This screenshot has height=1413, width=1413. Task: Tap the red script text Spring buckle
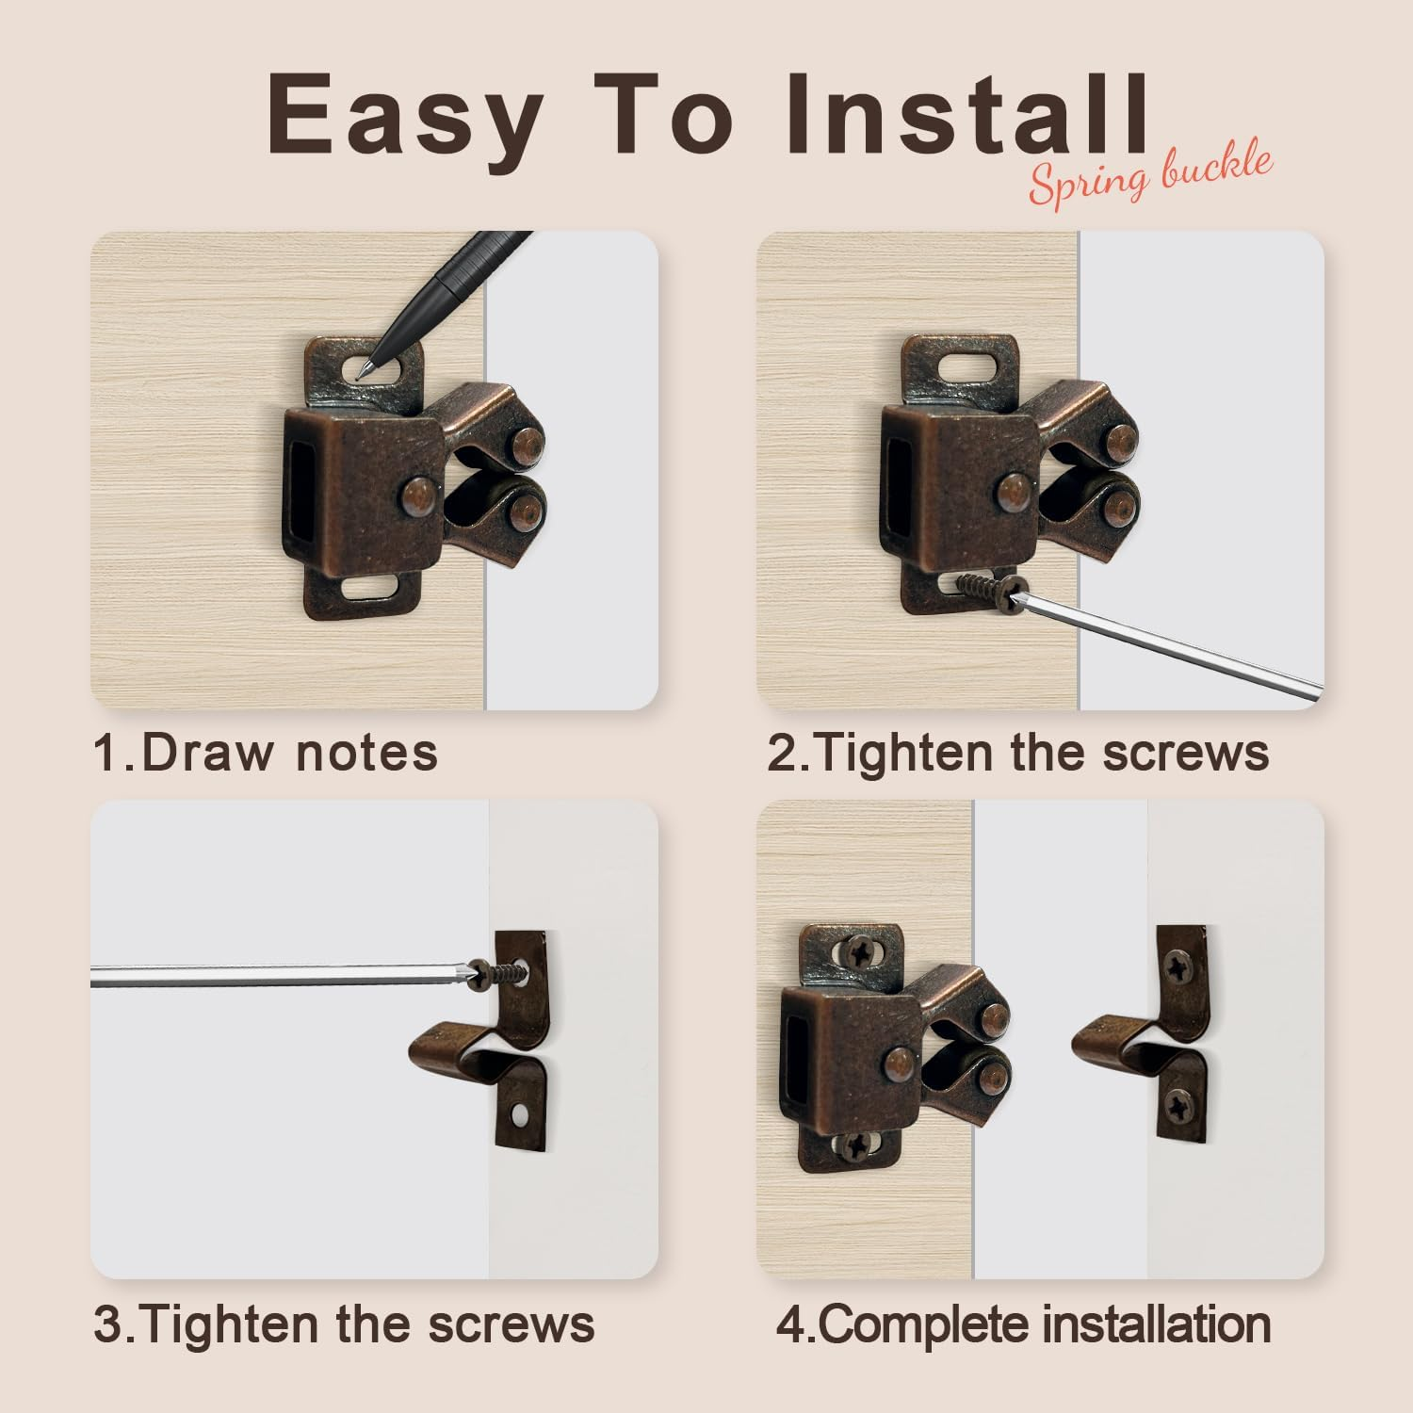pos(1149,176)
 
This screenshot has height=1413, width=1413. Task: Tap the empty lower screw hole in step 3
pos(520,1118)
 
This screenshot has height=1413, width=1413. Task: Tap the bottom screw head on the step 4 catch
pos(856,1146)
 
